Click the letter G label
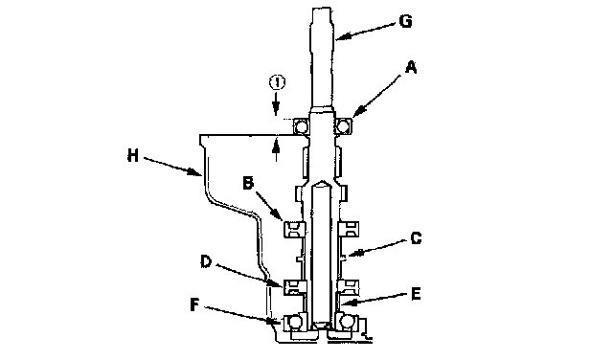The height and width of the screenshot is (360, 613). pos(406,21)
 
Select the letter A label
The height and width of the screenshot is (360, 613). pos(411,68)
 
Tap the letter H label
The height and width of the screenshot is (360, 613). pos(133,156)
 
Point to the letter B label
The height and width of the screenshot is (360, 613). pos(248,183)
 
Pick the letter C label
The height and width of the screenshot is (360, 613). pos(416,237)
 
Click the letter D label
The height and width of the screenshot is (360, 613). pos(206,261)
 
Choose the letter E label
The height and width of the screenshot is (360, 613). pos(416,294)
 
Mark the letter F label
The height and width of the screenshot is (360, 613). pos(194,304)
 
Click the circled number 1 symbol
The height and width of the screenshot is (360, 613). pos(277,82)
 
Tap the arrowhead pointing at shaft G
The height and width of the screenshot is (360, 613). pos(341,37)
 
